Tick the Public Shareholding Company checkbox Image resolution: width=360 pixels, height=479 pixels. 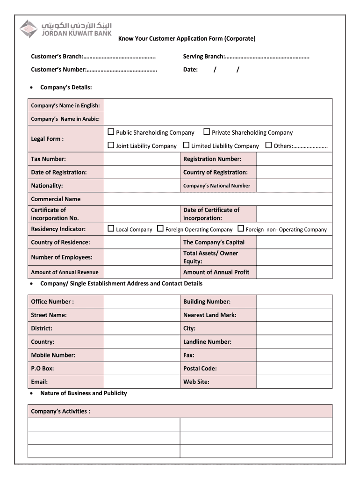[111, 132]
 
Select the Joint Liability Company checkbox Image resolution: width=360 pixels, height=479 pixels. [111, 145]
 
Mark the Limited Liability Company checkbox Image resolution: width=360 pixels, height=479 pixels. [186, 145]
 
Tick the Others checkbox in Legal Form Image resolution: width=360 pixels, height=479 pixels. [268, 145]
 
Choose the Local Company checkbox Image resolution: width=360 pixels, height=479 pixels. [111, 229]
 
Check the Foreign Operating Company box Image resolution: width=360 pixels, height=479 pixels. [160, 229]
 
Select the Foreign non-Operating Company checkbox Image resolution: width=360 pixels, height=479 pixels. [241, 229]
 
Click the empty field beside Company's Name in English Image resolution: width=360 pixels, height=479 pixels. [218, 105]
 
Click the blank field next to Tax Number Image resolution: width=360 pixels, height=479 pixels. [142, 159]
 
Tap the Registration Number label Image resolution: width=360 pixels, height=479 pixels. [212, 159]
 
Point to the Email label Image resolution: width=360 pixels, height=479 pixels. [39, 382]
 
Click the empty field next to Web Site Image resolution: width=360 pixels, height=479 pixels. [294, 382]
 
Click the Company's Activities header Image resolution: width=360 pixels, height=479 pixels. [61, 411]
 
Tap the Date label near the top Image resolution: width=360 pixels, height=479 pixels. [190, 70]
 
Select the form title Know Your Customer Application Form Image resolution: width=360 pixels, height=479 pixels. [187, 38]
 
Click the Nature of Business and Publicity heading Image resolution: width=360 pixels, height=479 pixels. [83, 393]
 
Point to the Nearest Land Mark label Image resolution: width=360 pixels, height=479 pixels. [209, 315]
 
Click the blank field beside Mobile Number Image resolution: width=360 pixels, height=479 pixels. [142, 355]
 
